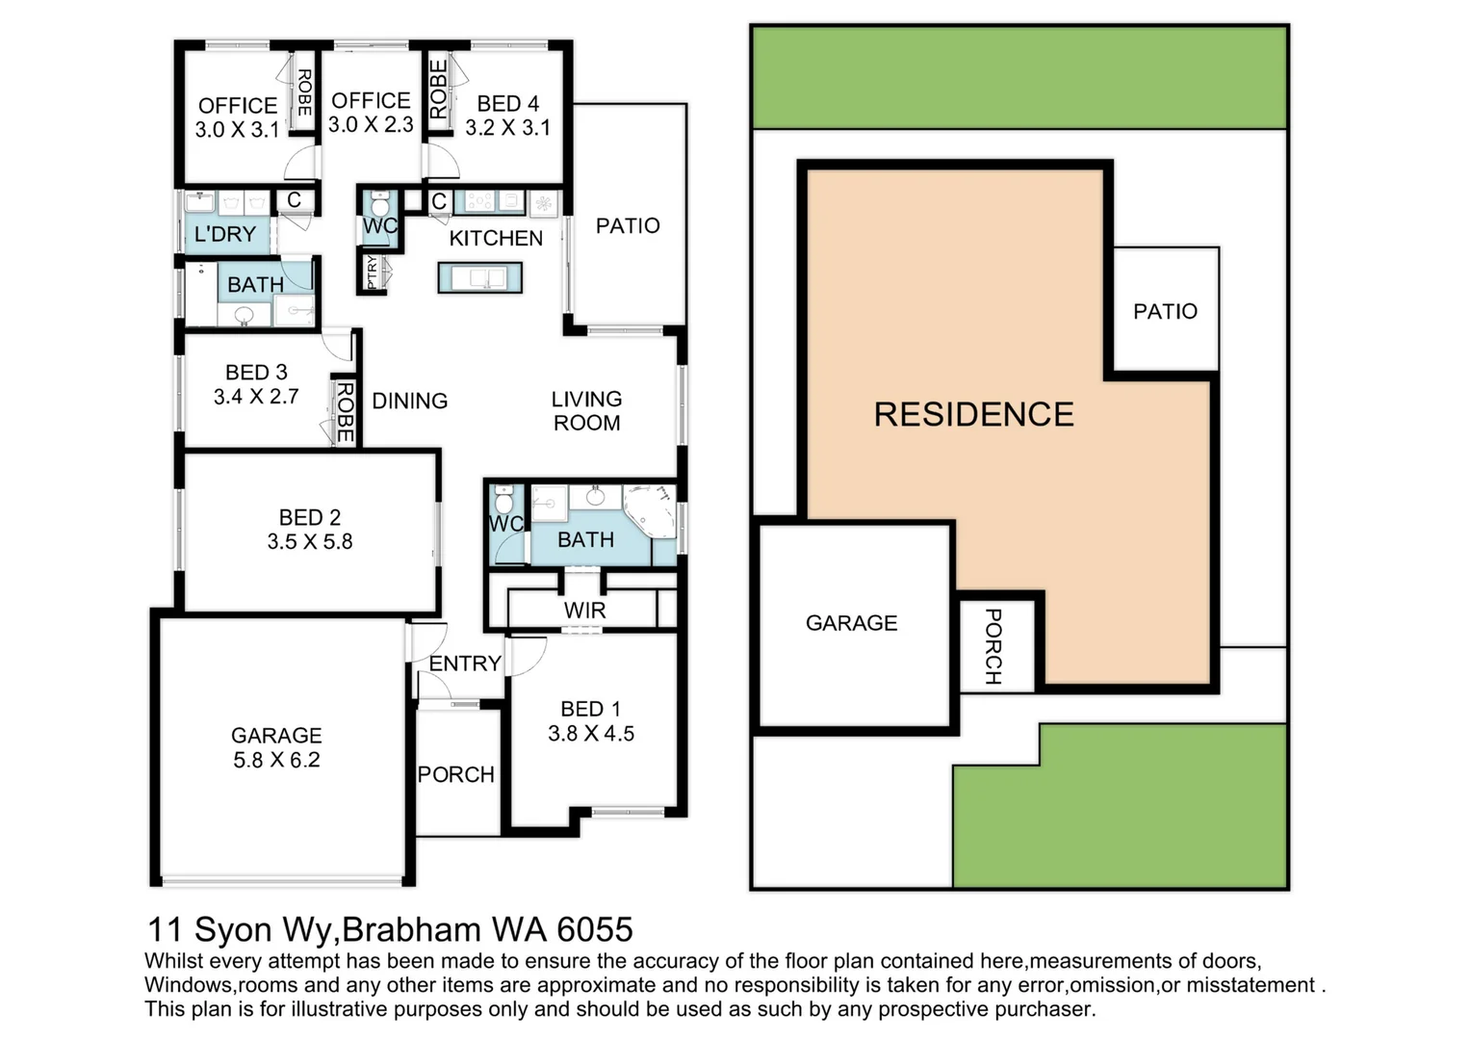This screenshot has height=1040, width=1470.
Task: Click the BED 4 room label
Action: point(507,103)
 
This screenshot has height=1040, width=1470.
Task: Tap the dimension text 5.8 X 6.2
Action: point(276,760)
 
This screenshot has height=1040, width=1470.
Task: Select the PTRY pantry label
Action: point(373,272)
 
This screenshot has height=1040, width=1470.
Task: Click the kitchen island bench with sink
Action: point(479,277)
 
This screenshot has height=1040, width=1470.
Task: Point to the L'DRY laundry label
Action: point(225,234)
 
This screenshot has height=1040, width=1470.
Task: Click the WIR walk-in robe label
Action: point(584,611)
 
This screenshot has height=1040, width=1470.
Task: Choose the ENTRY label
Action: point(465,663)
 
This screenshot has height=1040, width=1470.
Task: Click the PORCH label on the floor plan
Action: point(455,774)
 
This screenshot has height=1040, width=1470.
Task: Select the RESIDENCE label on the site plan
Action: point(973,414)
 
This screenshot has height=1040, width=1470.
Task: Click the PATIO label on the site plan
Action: point(1165,311)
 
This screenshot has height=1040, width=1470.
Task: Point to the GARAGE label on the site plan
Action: point(851,623)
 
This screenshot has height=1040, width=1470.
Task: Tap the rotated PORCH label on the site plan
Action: point(993,646)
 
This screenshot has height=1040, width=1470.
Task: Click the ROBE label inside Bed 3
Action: point(345,411)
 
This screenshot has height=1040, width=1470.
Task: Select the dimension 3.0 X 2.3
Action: point(371,124)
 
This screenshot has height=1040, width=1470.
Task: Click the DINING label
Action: point(409,401)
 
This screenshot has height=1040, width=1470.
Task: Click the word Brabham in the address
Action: point(412,929)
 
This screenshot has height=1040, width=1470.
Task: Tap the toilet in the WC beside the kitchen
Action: point(379,206)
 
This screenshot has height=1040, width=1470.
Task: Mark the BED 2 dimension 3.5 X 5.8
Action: point(310,541)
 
